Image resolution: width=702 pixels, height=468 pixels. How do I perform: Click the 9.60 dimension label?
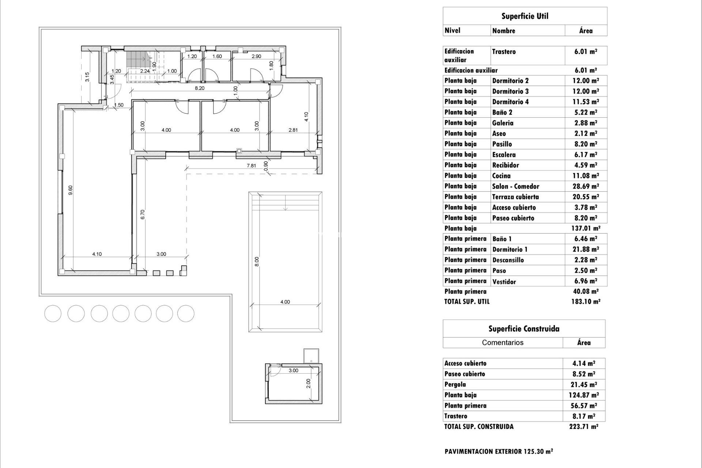(71, 190)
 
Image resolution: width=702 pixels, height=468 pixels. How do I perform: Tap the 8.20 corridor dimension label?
(200, 88)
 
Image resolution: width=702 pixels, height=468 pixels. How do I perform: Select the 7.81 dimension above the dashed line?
(251, 166)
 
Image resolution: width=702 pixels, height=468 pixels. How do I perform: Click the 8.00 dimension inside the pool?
(257, 261)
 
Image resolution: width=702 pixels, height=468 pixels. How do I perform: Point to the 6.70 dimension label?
(143, 214)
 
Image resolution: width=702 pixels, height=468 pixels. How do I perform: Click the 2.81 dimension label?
(293, 130)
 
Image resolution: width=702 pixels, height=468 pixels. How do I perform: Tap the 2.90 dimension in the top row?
(256, 56)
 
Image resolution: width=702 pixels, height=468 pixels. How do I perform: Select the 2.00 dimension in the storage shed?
(308, 383)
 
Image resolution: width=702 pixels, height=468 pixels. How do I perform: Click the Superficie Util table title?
(525, 16)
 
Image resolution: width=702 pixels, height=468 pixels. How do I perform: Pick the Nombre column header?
(503, 31)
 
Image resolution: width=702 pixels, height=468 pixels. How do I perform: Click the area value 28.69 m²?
(585, 186)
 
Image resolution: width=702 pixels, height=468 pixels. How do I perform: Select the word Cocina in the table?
(501, 176)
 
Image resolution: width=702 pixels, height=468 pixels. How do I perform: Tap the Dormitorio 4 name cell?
(510, 102)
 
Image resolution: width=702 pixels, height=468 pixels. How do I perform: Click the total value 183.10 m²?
(585, 302)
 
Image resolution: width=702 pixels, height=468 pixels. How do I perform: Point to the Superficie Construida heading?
(524, 329)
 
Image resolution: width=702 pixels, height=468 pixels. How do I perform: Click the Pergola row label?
(455, 385)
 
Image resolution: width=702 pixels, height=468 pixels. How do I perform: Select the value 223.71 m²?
(583, 427)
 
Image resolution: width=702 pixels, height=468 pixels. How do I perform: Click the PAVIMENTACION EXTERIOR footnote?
(498, 452)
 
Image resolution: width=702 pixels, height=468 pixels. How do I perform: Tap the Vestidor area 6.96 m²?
(585, 282)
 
